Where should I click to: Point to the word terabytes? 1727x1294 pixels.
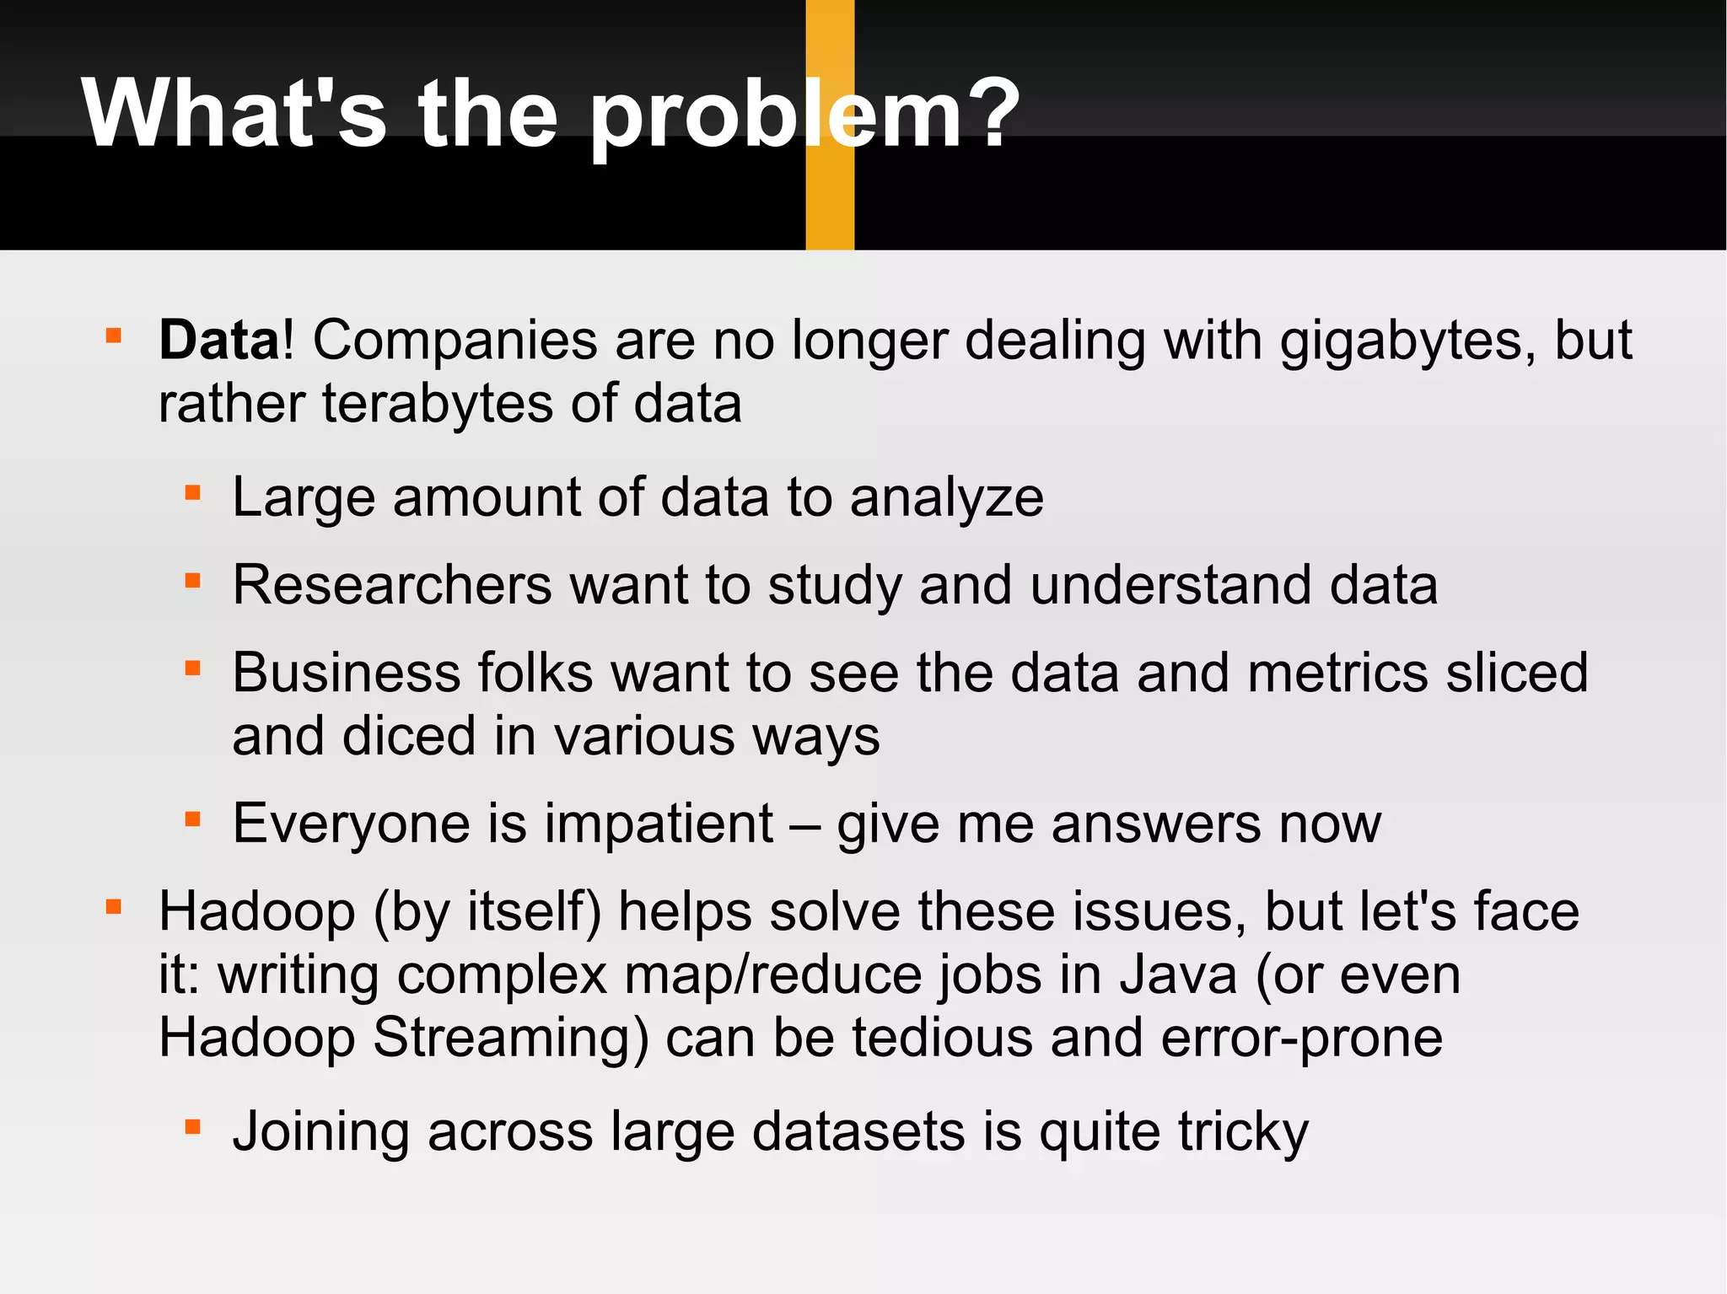(x=438, y=405)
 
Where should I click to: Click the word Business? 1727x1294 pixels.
(x=347, y=673)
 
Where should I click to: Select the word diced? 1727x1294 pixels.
(x=408, y=736)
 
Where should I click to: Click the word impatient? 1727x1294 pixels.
(x=659, y=824)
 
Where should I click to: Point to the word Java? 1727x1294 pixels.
(x=1178, y=975)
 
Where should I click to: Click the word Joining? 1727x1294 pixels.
(x=320, y=1132)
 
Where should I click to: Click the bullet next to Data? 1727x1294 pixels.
(x=114, y=337)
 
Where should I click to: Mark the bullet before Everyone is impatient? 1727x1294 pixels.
(x=193, y=819)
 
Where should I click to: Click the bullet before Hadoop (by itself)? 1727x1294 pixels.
(x=114, y=908)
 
